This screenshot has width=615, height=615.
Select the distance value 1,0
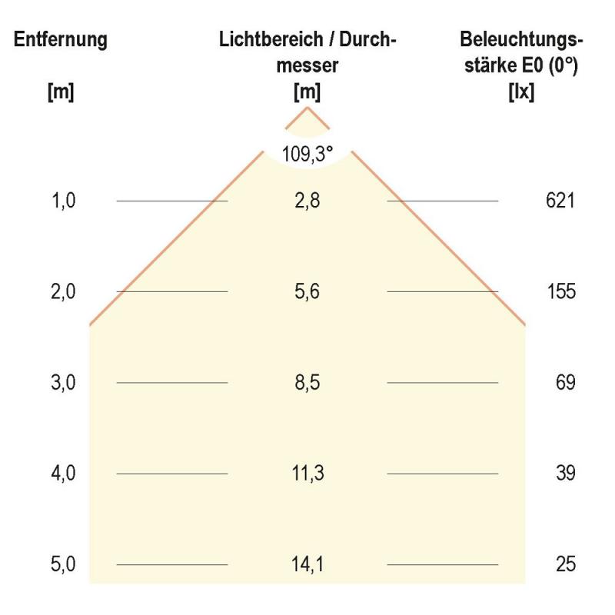coord(64,201)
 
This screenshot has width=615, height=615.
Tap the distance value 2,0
coord(64,292)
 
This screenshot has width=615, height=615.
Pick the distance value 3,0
coord(64,383)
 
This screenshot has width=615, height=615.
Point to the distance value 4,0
coord(64,474)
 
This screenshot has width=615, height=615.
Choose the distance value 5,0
coord(64,565)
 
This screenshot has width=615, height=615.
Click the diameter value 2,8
coord(307,201)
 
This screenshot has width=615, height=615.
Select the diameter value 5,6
coord(307,292)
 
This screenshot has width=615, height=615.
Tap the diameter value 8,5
coord(307,383)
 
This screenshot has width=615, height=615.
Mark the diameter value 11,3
coord(307,474)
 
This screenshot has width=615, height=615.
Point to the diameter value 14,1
coord(307,565)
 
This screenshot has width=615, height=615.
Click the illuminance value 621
coord(560,201)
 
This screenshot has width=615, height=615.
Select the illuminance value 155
coord(561,292)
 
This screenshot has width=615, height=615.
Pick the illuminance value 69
coord(566,383)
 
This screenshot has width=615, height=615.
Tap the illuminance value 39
coord(566,474)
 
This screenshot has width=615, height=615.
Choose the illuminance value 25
coord(566,565)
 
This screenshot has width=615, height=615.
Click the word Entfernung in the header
coord(61,40)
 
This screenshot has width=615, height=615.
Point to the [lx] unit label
coord(521,92)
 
